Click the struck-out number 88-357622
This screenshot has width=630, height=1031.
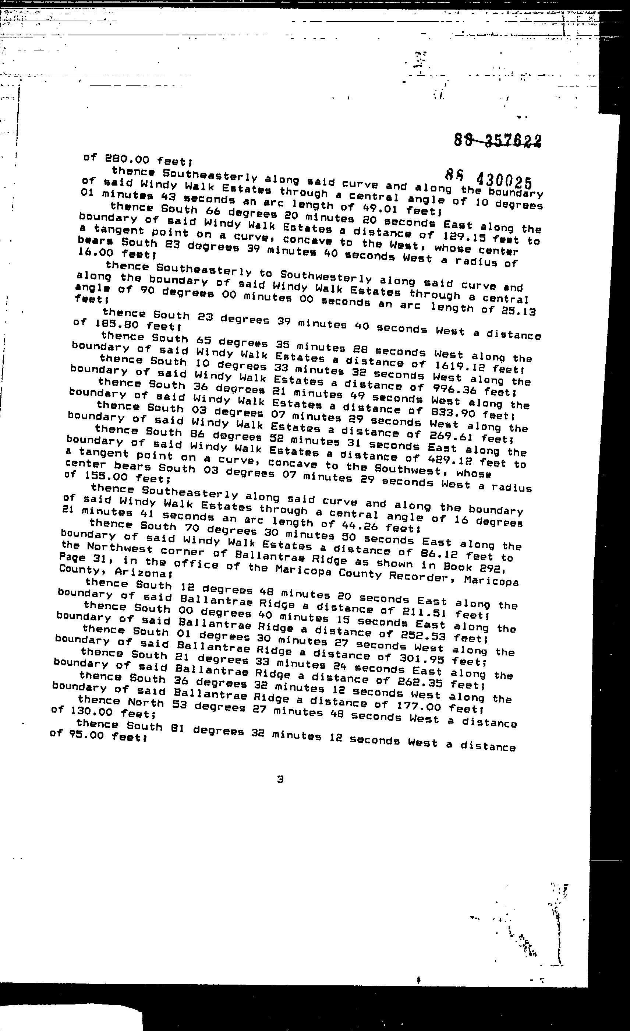[498, 140]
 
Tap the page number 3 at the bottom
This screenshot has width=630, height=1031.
[280, 779]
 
